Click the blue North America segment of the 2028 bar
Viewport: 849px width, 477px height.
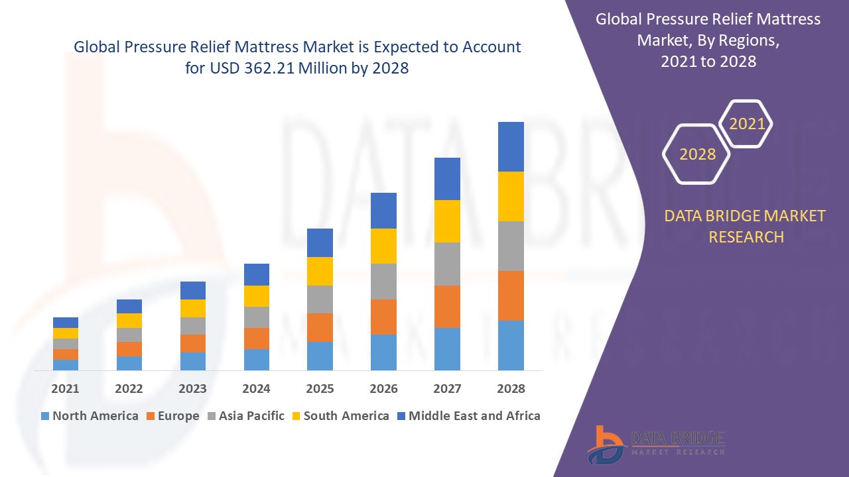pos(511,345)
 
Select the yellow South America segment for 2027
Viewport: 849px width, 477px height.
pos(447,221)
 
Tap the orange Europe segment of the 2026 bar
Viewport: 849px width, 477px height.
pos(383,317)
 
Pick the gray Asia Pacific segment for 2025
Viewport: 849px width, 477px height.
pos(320,299)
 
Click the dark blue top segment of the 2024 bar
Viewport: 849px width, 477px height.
pos(257,274)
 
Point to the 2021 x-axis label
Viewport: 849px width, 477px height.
pos(65,389)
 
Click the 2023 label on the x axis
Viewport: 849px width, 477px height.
pos(192,389)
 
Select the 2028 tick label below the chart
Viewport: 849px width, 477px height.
pos(511,389)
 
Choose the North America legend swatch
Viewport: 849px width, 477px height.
pos(45,416)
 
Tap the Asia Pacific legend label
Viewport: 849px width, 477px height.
pos(251,416)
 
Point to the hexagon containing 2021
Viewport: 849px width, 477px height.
pos(747,123)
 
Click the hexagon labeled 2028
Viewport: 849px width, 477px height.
pos(697,154)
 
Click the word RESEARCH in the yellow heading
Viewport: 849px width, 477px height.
pos(746,237)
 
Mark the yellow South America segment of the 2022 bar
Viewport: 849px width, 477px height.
pos(129,321)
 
